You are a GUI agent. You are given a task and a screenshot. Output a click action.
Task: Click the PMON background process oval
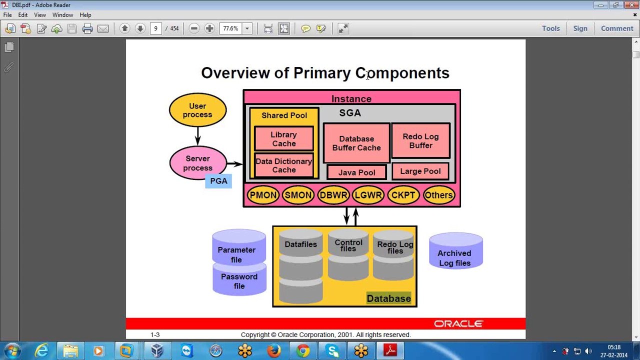click(x=263, y=195)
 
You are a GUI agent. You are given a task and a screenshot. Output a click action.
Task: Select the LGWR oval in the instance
click(x=368, y=195)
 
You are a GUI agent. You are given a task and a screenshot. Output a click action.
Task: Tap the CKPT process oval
click(x=403, y=195)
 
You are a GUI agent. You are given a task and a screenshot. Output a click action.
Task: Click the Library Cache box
click(x=284, y=139)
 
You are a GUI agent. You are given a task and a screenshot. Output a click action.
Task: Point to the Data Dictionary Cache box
click(x=284, y=165)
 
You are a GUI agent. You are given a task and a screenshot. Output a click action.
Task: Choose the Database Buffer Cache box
click(x=356, y=143)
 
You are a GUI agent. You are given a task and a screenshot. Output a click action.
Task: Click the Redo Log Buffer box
click(x=420, y=140)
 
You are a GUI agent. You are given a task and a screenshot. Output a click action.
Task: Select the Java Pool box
click(x=356, y=172)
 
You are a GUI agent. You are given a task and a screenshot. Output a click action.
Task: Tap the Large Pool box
click(x=420, y=171)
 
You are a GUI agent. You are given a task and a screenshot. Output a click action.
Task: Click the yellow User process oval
click(x=197, y=110)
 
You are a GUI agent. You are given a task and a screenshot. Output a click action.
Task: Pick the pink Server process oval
click(x=197, y=163)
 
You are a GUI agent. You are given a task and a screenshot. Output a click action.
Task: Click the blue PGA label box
click(x=218, y=181)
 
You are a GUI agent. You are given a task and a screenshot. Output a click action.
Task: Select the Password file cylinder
click(x=239, y=281)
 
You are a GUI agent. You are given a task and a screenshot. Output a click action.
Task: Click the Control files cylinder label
click(x=348, y=245)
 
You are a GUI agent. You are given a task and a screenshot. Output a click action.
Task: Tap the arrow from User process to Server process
click(x=197, y=135)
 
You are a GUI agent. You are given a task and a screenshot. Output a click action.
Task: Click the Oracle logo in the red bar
click(x=458, y=324)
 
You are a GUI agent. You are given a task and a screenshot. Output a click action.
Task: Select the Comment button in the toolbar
click(x=617, y=28)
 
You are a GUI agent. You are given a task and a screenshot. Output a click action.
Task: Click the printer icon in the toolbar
click(x=87, y=28)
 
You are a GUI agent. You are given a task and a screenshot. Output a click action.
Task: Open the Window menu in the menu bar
click(x=62, y=15)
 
